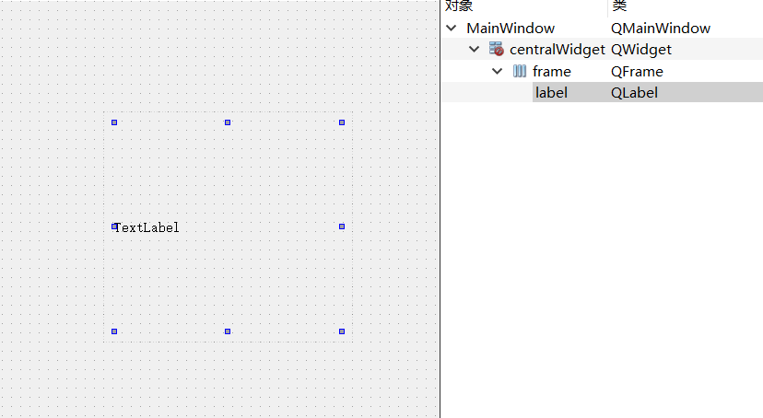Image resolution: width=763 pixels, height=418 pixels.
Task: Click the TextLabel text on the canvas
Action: pos(147,227)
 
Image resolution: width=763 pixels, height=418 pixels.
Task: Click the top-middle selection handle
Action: pos(228,122)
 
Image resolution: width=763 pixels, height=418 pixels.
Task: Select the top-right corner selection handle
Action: pos(342,122)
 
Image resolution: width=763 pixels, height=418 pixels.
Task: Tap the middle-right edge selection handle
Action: pos(342,226)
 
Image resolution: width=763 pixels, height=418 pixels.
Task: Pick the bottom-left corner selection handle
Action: pos(114,331)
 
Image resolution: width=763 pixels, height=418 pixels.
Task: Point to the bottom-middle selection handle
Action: pos(228,331)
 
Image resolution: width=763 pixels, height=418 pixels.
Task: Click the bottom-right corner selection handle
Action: pos(342,331)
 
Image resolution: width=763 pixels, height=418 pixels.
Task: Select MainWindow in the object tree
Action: pos(511,29)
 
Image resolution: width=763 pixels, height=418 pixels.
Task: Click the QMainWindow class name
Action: pos(660,29)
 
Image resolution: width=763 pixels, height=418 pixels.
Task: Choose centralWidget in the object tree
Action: pos(557,50)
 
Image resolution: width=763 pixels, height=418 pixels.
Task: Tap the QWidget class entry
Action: pos(640,50)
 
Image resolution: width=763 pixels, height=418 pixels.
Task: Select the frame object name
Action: pos(551,71)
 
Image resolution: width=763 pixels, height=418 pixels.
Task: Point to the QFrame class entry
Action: pos(637,71)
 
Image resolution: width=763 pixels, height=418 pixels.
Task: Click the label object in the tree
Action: pos(551,92)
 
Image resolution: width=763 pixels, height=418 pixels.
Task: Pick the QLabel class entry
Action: pos(634,92)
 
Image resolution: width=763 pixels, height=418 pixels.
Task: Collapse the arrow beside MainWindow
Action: pos(451,29)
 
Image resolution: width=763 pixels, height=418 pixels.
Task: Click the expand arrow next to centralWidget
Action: pos(474,50)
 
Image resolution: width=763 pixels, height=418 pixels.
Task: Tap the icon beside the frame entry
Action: pos(520,71)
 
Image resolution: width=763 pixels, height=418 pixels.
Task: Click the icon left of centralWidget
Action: pos(497,50)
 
